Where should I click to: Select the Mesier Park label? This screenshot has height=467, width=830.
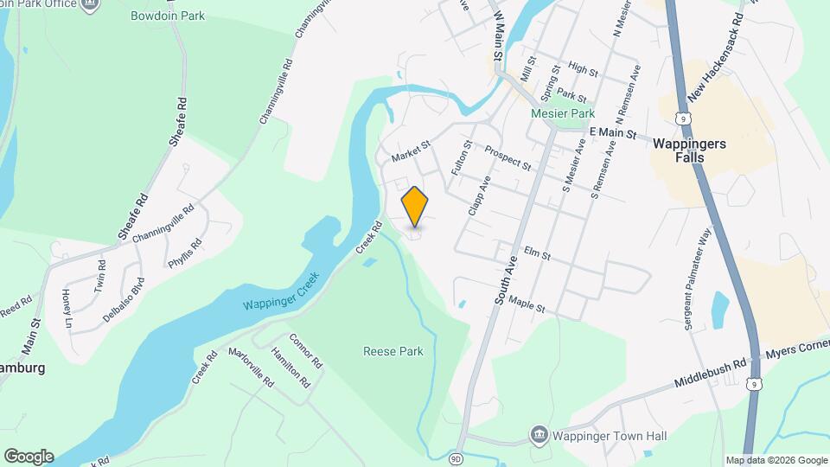click(562, 113)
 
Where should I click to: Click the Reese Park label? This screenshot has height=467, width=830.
click(393, 351)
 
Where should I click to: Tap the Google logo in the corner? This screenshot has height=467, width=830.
click(29, 457)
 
